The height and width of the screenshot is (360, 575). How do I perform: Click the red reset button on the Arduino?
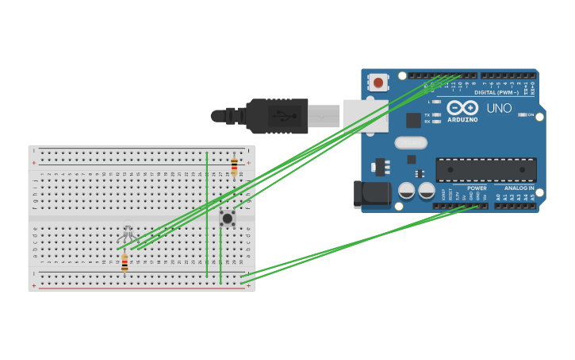[x=378, y=83]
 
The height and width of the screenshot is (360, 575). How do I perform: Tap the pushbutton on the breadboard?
[x=228, y=218]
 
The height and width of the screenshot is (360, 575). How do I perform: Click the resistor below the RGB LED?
[x=125, y=263]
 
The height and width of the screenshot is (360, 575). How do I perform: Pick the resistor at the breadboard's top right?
[x=234, y=165]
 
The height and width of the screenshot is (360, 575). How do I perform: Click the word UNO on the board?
[x=499, y=108]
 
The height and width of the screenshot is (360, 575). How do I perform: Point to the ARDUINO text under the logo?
[x=462, y=120]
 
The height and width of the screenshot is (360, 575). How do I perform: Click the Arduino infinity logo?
[x=462, y=107]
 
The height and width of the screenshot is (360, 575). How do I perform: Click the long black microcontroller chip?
[x=485, y=169]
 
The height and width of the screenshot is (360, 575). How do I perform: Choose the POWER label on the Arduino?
[x=477, y=188]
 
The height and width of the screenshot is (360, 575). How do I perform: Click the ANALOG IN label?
[x=519, y=188]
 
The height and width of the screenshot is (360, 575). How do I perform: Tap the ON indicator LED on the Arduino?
[x=523, y=114]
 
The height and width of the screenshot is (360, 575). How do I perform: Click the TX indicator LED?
[x=436, y=114]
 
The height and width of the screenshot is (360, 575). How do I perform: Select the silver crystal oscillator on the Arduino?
[x=410, y=143]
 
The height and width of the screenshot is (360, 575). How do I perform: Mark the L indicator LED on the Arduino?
[x=436, y=102]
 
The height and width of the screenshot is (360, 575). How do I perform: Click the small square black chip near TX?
[x=413, y=120]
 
